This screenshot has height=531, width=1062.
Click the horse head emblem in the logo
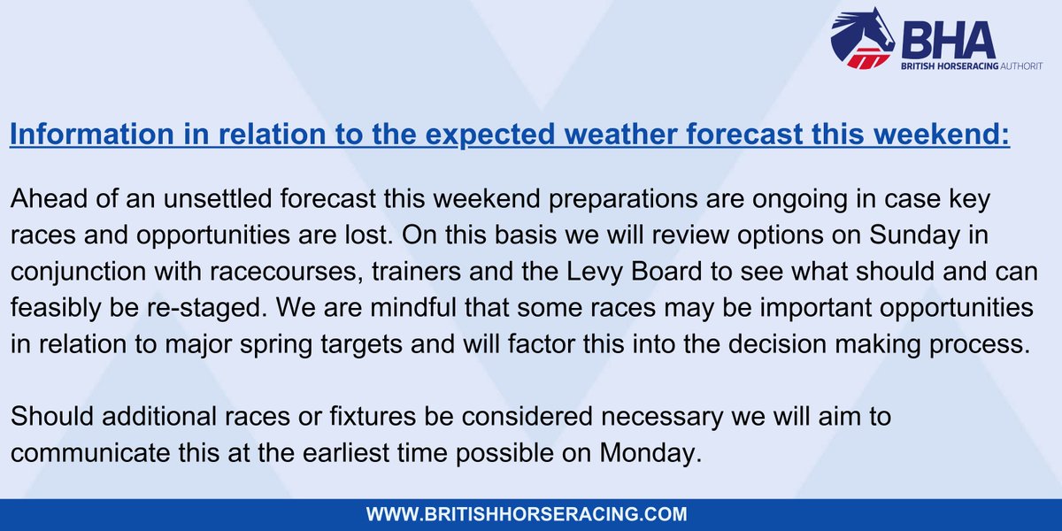coord(863,38)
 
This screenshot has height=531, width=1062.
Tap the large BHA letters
coord(948,40)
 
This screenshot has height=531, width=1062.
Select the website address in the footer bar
coord(527,514)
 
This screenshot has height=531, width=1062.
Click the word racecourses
coord(283,272)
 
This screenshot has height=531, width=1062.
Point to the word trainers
coord(416,271)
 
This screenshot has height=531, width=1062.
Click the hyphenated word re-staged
coord(207,309)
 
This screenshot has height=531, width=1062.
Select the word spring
coord(276,345)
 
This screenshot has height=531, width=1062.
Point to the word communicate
coord(90,453)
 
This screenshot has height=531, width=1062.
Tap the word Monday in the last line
coord(650,454)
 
